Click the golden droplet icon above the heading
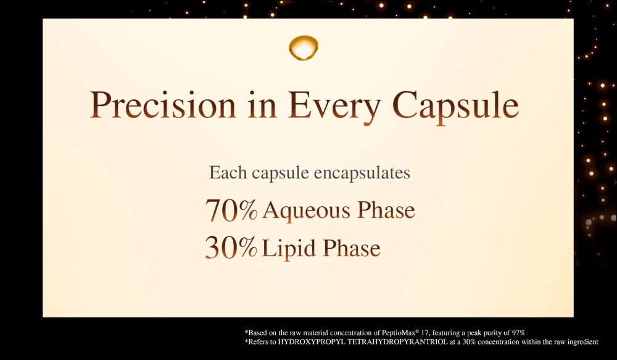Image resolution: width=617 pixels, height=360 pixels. coord(304,48)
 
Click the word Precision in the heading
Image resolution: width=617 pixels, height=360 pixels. coord(162,105)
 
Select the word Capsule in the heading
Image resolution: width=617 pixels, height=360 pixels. coord(455,107)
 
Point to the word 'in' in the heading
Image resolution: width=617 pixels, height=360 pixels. coord(262,105)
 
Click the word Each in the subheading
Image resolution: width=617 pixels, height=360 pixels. coord(228,172)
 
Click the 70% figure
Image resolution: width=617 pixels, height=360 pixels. coord(231,210)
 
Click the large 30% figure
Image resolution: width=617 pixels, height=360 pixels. coord(231,248)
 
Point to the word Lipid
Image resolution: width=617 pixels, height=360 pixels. coord(288,249)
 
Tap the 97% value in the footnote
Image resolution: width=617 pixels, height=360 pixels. coord(518,333)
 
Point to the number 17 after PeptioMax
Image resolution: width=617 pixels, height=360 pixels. coord(424,333)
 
